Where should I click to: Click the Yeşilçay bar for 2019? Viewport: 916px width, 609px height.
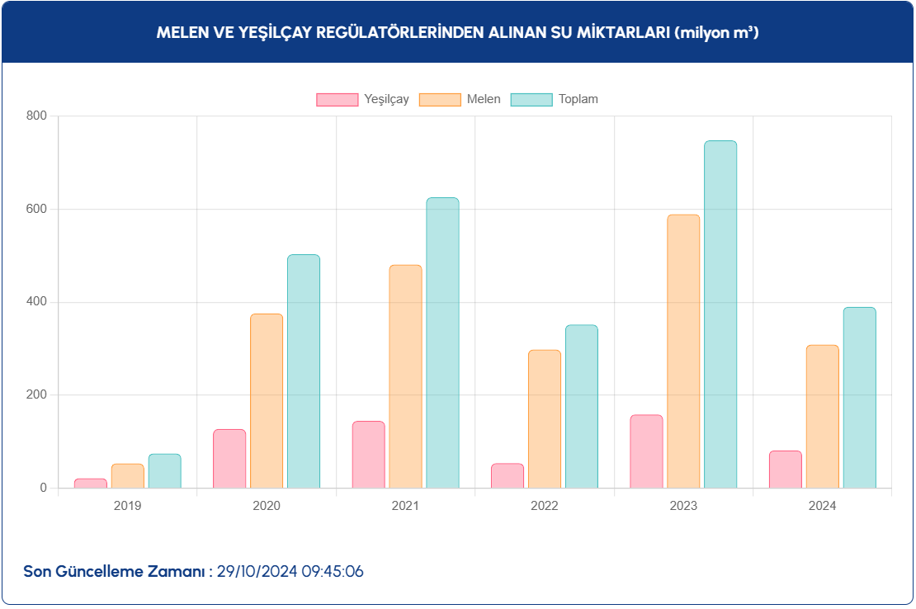tap(91, 484)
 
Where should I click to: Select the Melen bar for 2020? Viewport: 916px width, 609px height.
tap(267, 401)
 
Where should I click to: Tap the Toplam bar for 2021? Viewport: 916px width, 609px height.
tap(442, 342)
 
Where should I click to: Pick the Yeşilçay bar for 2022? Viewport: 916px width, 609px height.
tap(508, 476)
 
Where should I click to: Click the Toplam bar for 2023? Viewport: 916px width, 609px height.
tap(720, 314)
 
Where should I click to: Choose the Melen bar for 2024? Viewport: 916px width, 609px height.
tap(822, 417)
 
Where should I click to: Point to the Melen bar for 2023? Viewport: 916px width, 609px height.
tap(683, 352)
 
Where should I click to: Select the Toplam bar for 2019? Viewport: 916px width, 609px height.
tap(165, 471)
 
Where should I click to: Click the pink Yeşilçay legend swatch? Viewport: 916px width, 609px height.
tap(338, 100)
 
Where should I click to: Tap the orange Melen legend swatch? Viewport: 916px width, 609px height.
tap(440, 100)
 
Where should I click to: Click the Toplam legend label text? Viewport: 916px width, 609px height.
tap(578, 99)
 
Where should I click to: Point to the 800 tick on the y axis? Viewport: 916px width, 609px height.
tap(37, 116)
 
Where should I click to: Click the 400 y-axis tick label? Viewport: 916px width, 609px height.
tap(37, 302)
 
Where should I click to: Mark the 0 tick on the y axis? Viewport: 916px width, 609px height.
tap(44, 488)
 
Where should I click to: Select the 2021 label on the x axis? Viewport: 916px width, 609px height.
tap(405, 506)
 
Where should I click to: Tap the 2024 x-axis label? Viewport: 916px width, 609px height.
tap(822, 506)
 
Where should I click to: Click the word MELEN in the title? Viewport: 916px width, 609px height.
tap(180, 33)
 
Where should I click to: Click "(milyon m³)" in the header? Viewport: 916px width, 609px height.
tap(716, 33)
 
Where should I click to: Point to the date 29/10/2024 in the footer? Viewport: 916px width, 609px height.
tap(257, 571)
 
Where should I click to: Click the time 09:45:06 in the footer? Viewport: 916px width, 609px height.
tap(332, 571)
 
